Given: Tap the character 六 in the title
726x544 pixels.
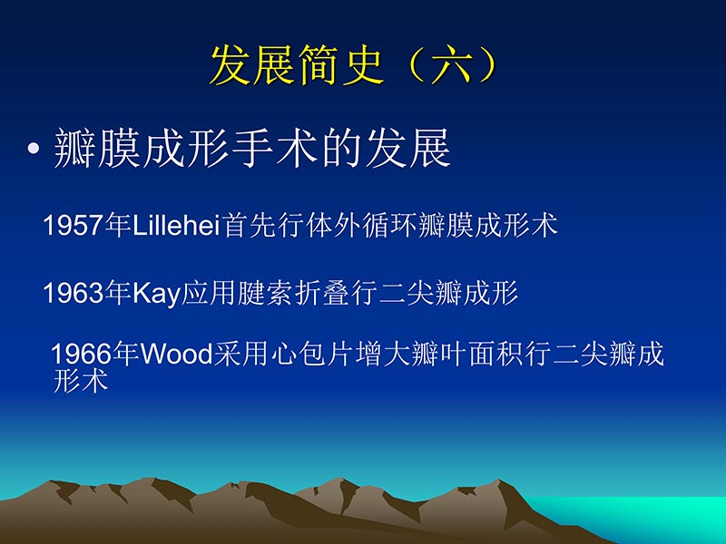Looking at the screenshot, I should click(x=451, y=64).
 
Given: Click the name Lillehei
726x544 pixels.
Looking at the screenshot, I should click(x=177, y=226).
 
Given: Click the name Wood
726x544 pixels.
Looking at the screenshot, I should click(x=176, y=354).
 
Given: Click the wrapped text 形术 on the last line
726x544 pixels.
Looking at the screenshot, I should click(x=81, y=382).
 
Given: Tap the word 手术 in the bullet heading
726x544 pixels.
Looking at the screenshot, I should click(x=272, y=150).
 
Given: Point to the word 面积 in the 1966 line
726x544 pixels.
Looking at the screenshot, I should click(x=495, y=354).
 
